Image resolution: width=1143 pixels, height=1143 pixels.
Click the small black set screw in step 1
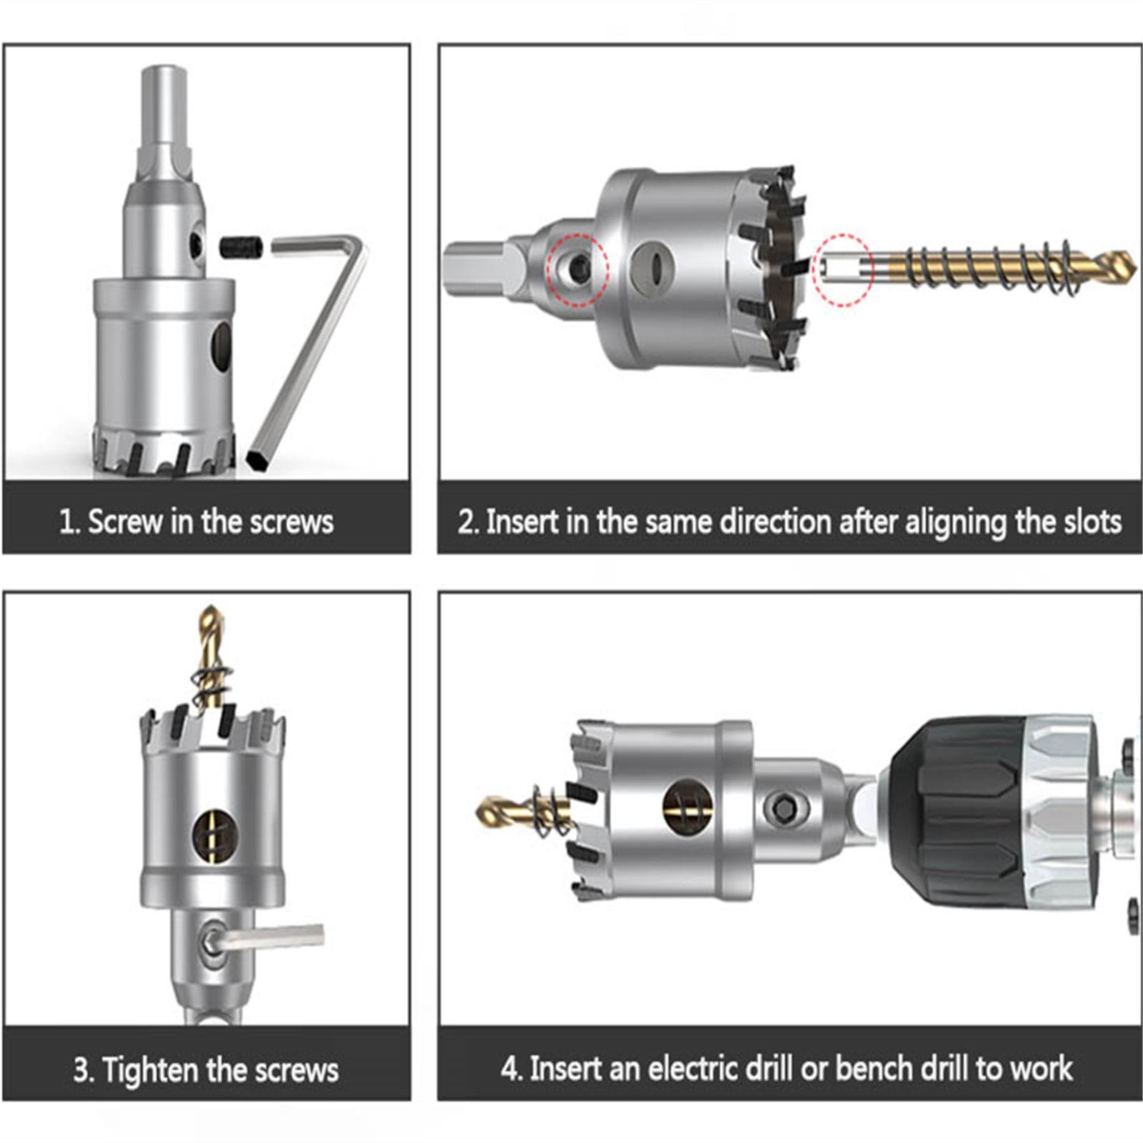pos(241,249)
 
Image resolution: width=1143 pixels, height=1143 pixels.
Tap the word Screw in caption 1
pos(125,521)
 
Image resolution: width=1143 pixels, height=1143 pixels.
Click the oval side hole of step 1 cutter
pos(221,349)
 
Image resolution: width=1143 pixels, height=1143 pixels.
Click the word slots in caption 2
pos(1093,522)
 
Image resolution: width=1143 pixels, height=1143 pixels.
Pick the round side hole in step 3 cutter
pos(214,832)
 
